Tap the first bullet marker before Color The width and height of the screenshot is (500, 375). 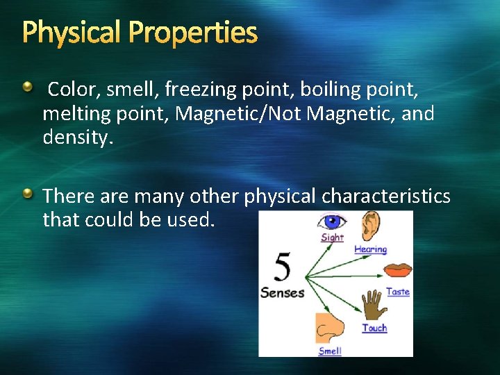[x=26, y=87]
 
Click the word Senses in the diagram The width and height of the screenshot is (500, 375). [x=282, y=292]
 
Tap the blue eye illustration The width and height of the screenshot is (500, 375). [x=331, y=222]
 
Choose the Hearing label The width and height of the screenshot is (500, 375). [x=370, y=249]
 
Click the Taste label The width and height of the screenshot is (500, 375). [x=397, y=292]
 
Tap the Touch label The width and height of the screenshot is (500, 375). [x=374, y=328]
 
